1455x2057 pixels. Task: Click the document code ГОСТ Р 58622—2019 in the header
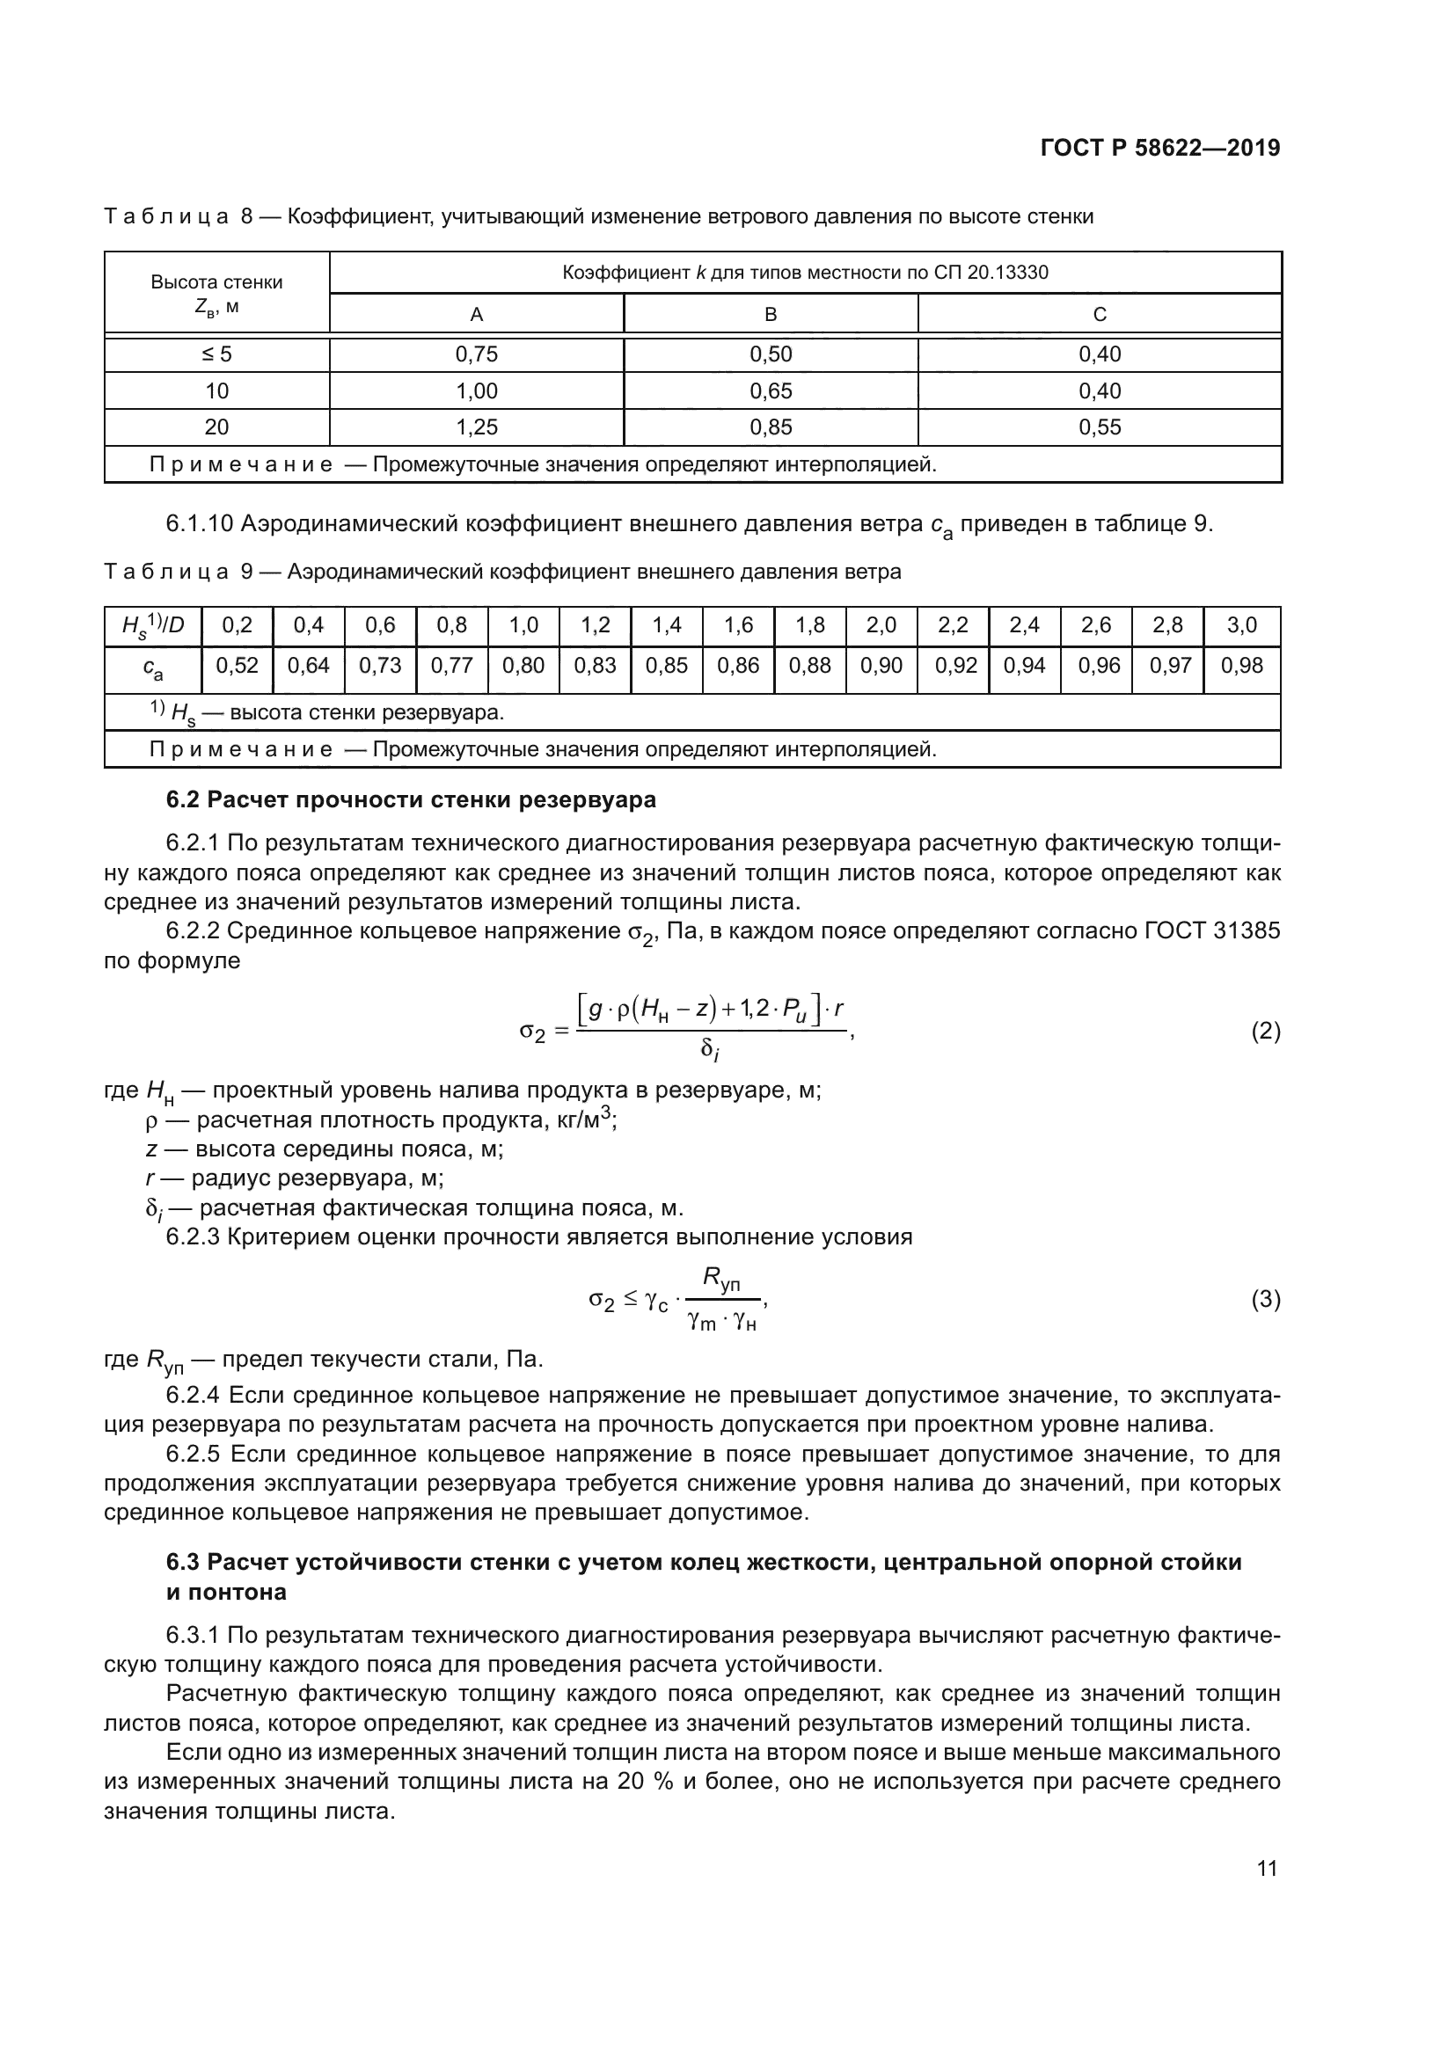(1160, 148)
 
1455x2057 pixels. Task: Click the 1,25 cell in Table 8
(476, 427)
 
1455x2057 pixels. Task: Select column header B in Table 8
(770, 315)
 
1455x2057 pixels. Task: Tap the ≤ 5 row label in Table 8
(216, 354)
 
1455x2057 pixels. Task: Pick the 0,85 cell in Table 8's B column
(770, 427)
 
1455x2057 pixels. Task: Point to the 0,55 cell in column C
(1100, 427)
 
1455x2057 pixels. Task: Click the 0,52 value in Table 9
(237, 666)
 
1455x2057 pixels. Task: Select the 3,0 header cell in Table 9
(1241, 625)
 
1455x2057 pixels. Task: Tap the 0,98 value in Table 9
(1241, 666)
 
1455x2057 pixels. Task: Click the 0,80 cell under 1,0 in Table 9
(523, 666)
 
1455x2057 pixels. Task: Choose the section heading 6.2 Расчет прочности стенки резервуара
(411, 799)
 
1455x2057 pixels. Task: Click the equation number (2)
(1265, 1032)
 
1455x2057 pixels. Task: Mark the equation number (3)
(1265, 1299)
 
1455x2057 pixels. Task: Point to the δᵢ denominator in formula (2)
(710, 1050)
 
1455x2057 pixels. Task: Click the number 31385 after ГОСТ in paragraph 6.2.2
(1247, 930)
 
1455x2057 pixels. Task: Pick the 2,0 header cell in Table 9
(881, 625)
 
